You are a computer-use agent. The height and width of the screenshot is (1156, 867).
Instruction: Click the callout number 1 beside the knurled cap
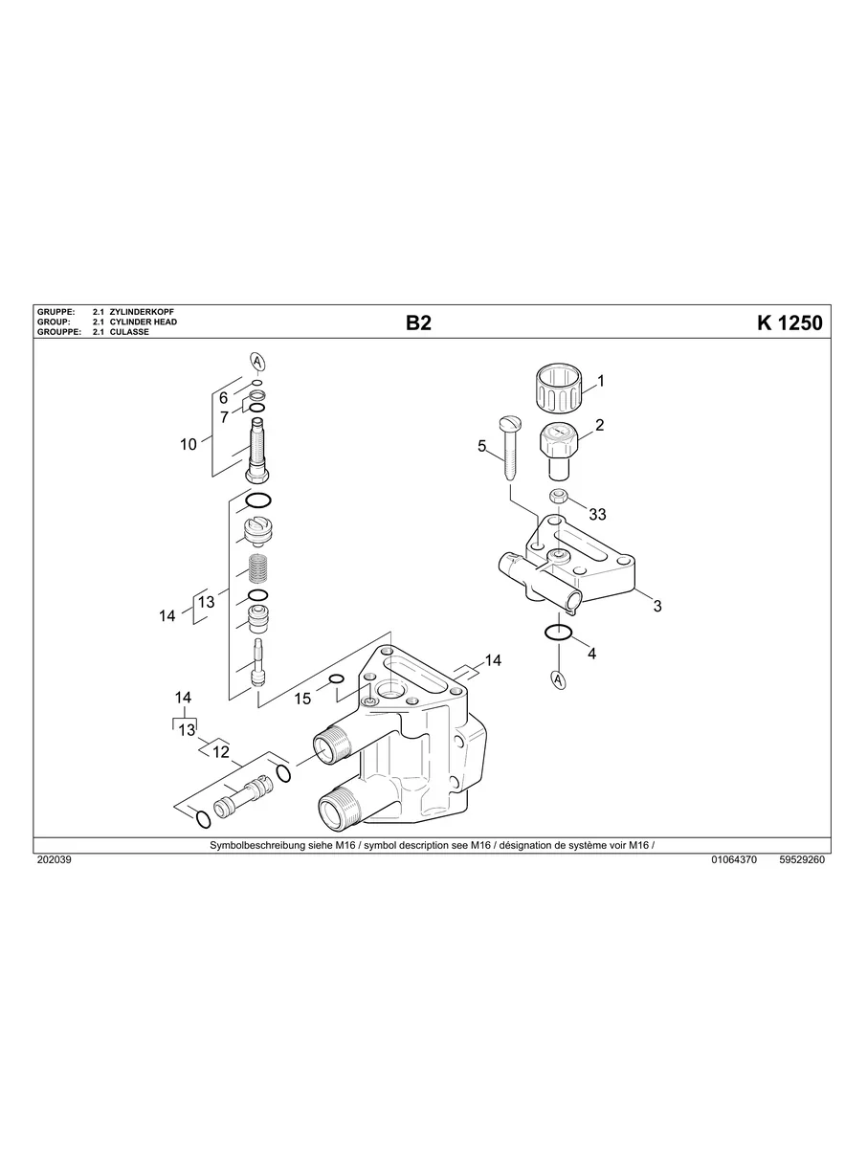600,381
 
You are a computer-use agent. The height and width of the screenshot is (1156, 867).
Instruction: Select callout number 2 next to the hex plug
599,426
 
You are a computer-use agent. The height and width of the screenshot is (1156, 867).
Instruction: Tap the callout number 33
597,515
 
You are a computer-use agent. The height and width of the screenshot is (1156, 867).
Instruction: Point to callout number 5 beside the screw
482,446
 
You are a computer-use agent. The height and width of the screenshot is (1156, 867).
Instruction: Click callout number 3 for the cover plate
657,606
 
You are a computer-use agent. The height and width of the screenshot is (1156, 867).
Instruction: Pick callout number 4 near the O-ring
591,654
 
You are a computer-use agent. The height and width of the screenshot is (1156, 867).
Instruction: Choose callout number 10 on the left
189,444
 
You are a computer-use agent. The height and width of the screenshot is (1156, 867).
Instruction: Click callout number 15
302,700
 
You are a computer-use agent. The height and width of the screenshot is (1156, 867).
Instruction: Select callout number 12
221,752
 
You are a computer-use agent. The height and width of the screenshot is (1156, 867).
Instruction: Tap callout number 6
223,398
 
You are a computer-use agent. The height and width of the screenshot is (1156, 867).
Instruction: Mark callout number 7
224,417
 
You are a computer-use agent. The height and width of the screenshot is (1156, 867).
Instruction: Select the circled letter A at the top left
256,361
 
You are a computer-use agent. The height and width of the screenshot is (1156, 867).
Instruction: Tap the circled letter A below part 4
557,680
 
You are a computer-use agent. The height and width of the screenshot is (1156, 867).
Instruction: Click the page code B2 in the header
418,323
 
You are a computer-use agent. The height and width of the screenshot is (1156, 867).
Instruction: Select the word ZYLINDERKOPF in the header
142,313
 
